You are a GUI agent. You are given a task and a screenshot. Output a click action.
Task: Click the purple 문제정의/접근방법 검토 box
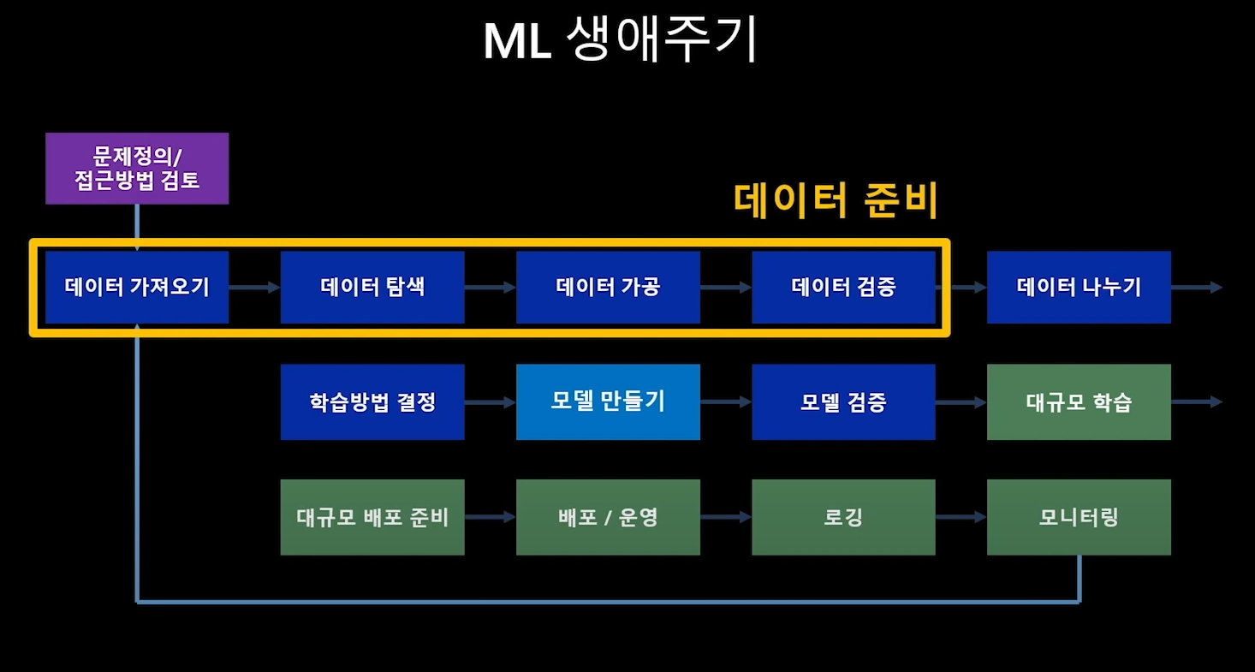[x=137, y=169]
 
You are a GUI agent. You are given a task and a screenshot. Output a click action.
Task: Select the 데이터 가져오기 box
[x=137, y=287]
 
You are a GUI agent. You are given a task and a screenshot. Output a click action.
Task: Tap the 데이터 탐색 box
[x=372, y=287]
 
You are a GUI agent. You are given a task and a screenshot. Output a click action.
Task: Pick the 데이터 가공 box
[x=608, y=287]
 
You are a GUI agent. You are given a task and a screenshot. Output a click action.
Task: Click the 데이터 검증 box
[x=843, y=287]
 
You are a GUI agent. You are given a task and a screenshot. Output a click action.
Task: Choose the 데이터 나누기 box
[x=1079, y=287]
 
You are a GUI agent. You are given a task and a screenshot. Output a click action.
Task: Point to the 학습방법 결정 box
[x=372, y=402]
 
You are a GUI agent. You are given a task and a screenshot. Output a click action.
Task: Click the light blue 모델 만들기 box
[x=608, y=401]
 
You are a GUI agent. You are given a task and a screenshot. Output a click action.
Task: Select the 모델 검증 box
[x=843, y=402]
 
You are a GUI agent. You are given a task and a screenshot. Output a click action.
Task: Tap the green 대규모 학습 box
[x=1079, y=402]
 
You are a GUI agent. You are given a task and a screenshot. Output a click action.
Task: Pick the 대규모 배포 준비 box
[x=372, y=517]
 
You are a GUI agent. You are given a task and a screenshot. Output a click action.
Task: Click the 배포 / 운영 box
[x=608, y=517]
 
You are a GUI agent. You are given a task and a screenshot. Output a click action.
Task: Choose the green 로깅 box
[x=843, y=517]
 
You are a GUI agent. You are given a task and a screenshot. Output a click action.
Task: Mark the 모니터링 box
[x=1079, y=517]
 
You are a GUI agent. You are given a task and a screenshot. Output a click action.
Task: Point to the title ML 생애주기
[x=621, y=41]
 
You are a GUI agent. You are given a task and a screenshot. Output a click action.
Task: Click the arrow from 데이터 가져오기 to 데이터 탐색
[x=254, y=288]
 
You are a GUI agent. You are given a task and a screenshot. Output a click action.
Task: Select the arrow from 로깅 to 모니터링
[x=961, y=517]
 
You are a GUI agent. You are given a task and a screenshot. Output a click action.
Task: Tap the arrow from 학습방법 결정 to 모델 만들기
[x=490, y=402]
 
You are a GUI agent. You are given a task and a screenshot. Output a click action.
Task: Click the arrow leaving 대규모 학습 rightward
[x=1196, y=402]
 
